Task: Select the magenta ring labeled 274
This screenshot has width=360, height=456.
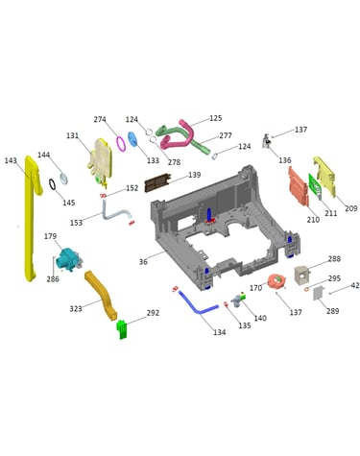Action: pyautogui.click(x=121, y=143)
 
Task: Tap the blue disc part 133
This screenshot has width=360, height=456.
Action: pyautogui.click(x=132, y=139)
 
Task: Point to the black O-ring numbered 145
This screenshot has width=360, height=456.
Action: pyautogui.click(x=52, y=184)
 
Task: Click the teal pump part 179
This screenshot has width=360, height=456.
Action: pyautogui.click(x=68, y=259)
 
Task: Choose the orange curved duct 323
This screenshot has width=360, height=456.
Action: pyautogui.click(x=101, y=296)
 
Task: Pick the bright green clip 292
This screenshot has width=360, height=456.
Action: pyautogui.click(x=122, y=329)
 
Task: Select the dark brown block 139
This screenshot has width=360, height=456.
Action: pyautogui.click(x=157, y=182)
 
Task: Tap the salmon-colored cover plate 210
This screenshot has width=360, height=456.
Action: pyautogui.click(x=299, y=186)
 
